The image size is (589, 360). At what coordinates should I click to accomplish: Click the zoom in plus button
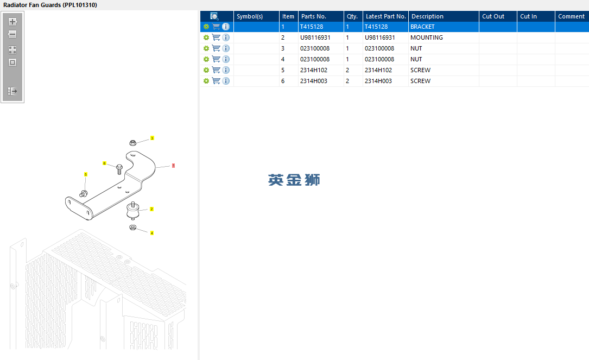coord(12,22)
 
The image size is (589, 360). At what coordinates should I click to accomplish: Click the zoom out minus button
coord(12,35)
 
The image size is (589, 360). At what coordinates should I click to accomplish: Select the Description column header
coord(427,16)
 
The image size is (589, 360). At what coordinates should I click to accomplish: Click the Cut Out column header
coord(493,16)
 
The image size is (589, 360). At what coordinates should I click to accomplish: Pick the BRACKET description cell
coord(422,27)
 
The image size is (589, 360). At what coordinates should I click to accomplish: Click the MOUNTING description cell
coord(426,37)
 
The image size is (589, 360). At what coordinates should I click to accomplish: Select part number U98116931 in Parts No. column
coord(315,37)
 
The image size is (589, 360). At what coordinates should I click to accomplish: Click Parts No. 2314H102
coord(313,70)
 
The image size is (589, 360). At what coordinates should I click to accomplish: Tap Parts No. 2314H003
coord(313,81)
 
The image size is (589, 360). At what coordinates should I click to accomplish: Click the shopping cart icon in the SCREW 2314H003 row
coord(216,81)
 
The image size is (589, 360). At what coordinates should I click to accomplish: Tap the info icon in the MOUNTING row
coord(226,37)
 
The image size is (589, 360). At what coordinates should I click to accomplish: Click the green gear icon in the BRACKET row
coord(206,27)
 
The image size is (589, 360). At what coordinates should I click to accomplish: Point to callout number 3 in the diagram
coord(152,138)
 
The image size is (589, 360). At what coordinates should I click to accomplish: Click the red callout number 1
coord(173,166)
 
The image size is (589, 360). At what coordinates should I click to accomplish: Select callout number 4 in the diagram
coord(152,233)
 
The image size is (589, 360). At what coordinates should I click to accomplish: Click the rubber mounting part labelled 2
coord(133,211)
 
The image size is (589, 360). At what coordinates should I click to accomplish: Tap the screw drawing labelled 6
coord(119,169)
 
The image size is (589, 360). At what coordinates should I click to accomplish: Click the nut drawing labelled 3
coord(132,143)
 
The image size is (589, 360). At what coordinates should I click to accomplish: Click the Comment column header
coord(571,16)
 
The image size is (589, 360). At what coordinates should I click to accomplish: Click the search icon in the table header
coord(214,16)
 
